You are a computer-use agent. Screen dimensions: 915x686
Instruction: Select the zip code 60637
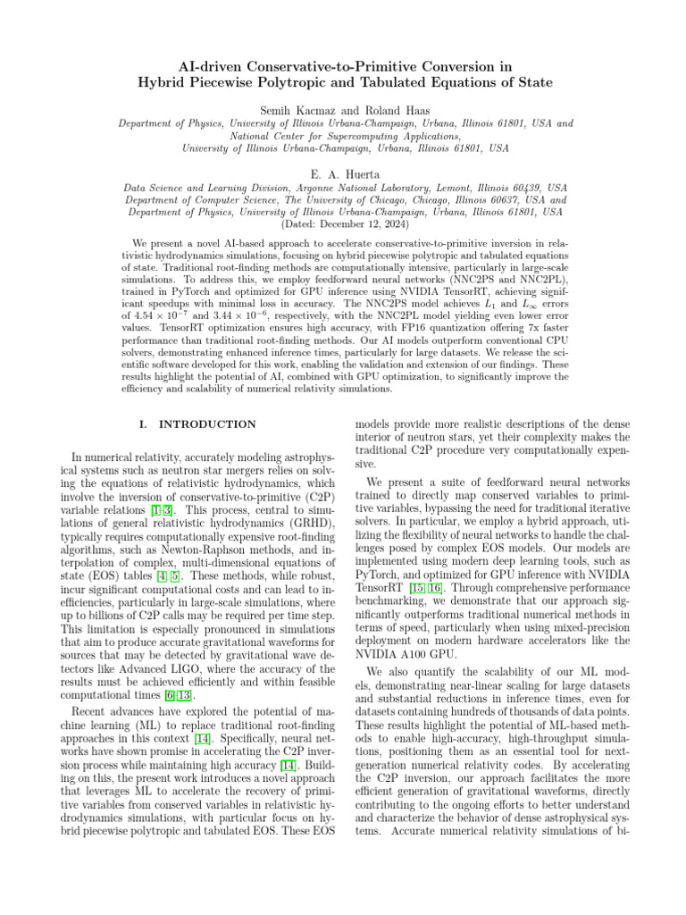point(506,201)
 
